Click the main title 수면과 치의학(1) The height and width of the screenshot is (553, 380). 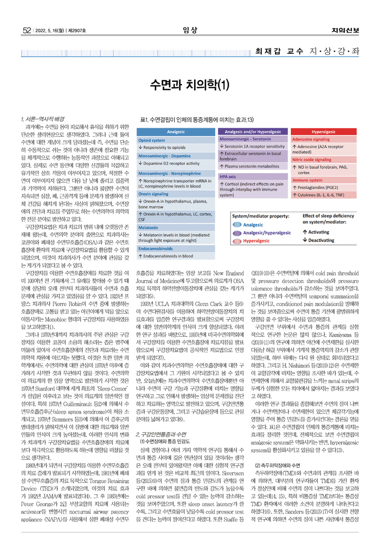click(189, 84)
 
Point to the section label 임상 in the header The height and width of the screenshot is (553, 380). click(189, 31)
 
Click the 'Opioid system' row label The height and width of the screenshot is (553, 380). click(151, 141)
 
